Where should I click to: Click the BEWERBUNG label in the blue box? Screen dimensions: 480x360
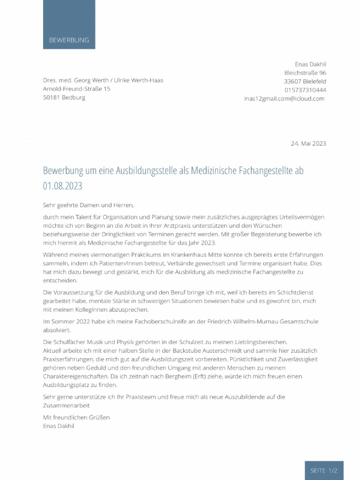(69, 40)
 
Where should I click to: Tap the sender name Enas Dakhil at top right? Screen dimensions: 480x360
(310, 64)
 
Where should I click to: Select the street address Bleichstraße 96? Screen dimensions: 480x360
(305, 73)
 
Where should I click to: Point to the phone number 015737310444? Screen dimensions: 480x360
(305, 90)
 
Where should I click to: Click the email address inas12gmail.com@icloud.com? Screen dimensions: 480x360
(284, 98)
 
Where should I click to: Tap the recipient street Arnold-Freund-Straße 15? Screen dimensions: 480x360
(76, 89)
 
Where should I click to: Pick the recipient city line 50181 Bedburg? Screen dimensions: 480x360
(64, 97)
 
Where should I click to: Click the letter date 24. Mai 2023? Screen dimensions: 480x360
(308, 143)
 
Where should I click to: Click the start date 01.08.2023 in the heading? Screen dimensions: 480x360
(62, 186)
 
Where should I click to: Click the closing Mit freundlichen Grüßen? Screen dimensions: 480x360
(76, 417)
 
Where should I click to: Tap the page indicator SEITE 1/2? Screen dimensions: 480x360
(324, 470)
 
